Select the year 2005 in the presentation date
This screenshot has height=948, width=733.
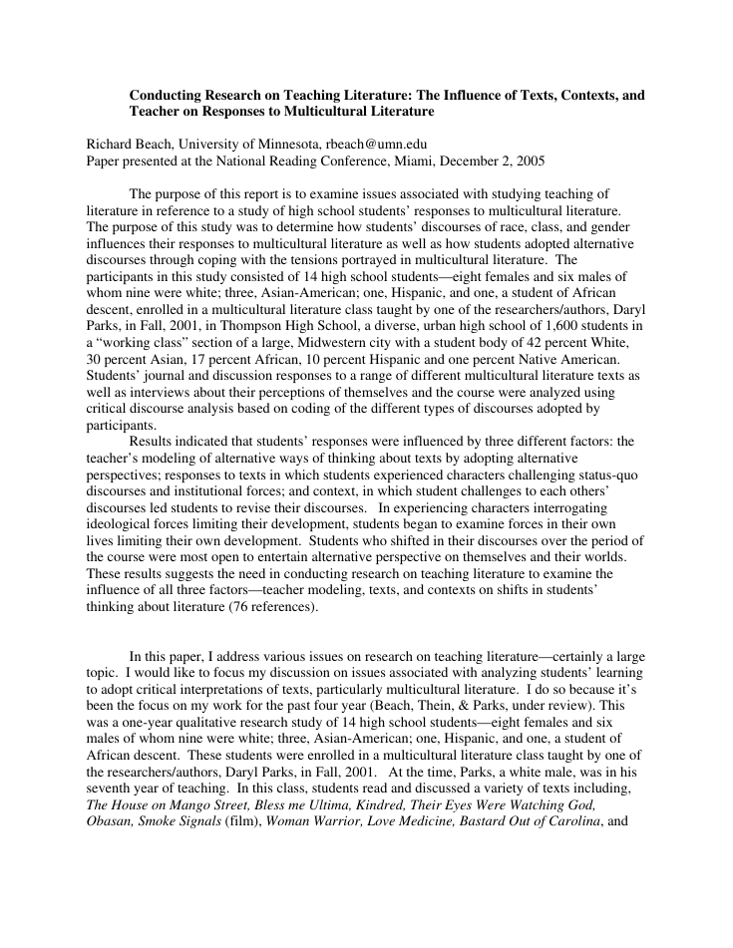click(x=528, y=160)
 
